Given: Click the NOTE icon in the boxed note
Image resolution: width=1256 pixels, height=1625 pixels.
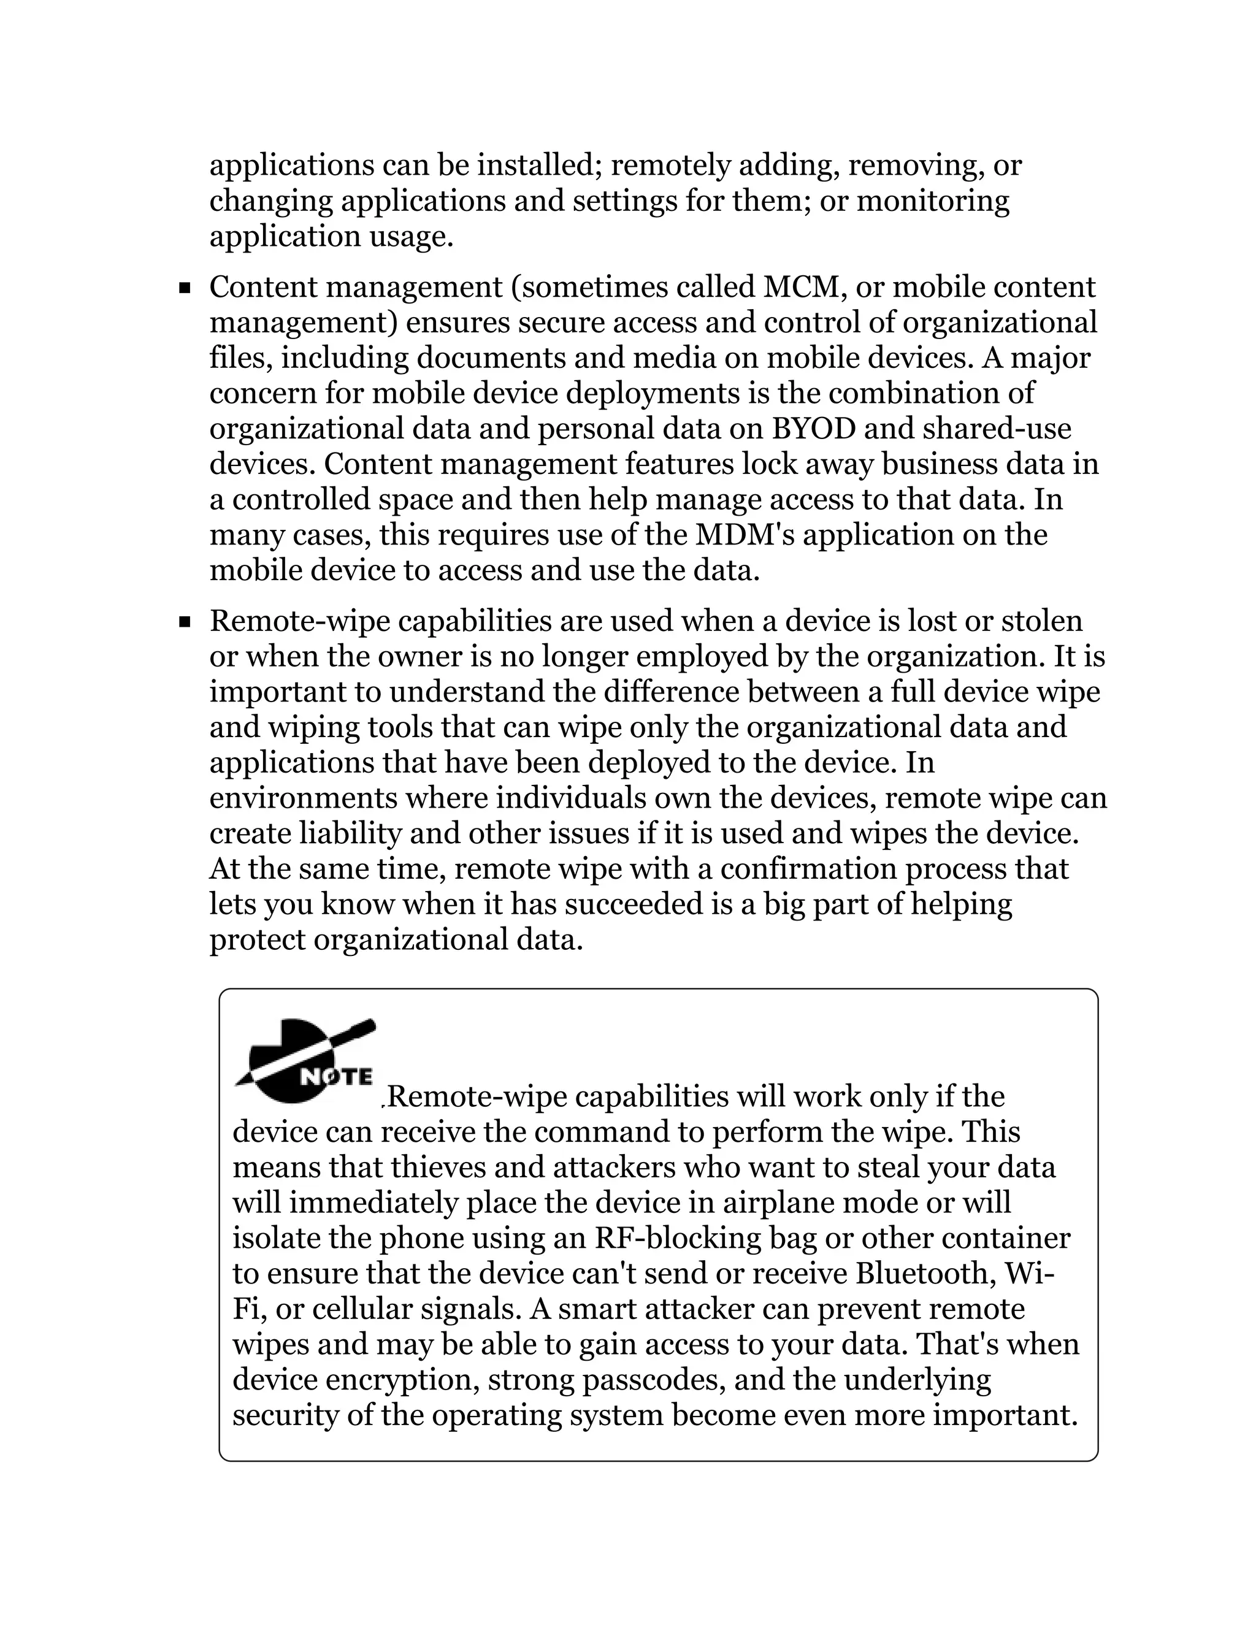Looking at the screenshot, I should pos(304,1061).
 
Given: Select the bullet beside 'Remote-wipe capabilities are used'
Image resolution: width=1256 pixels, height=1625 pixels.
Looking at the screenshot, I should pos(185,621).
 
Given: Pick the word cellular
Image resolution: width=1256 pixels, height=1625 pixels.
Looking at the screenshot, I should pos(367,1310).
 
